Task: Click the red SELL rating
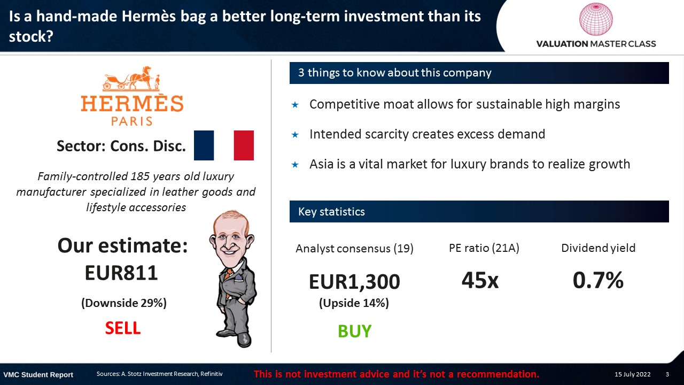123,328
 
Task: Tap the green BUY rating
354,331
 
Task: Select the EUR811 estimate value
121,273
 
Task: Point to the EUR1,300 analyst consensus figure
354,281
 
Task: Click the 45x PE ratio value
480,280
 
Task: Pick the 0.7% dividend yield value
598,280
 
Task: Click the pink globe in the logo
596,19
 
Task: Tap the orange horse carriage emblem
131,79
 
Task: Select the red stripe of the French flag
244,145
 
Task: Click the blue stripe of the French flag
204,145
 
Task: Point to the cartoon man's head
232,235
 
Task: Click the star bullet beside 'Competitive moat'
295,105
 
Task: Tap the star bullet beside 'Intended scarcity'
295,134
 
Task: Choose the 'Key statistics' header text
331,211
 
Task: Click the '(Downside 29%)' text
123,303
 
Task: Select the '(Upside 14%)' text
354,303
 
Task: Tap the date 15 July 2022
632,374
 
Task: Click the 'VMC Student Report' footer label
38,375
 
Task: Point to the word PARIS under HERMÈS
131,121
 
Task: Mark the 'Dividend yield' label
598,248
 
